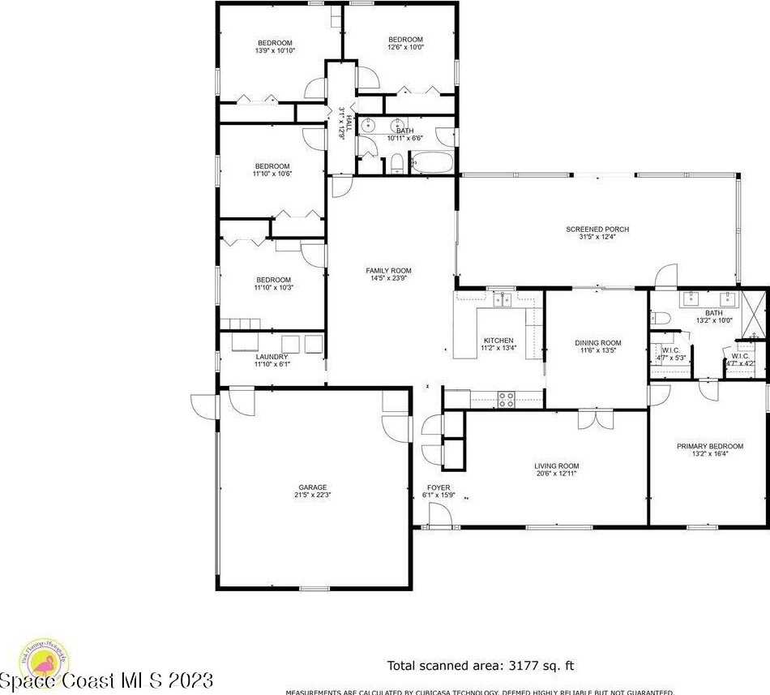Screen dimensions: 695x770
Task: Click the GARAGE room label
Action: (x=312, y=487)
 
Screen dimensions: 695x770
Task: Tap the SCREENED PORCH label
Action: (x=597, y=230)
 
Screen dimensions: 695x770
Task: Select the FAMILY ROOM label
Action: (x=388, y=271)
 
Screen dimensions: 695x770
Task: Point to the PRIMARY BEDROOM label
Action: (x=710, y=446)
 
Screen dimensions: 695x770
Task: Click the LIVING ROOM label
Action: (x=556, y=466)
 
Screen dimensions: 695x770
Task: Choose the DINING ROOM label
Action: (x=598, y=343)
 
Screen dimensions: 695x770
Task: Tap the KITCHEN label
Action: (x=498, y=341)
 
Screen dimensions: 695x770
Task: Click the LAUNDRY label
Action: (x=272, y=357)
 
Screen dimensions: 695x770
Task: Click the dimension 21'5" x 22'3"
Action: (x=312, y=496)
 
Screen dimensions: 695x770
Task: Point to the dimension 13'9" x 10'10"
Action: (x=275, y=50)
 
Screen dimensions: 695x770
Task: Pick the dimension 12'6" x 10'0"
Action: (x=405, y=47)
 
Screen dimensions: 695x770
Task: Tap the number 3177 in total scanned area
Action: (x=503, y=666)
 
